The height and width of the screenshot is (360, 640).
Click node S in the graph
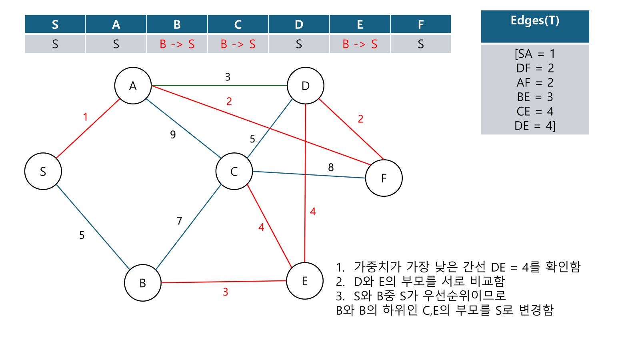click(43, 171)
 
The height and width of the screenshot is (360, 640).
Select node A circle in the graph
click(133, 86)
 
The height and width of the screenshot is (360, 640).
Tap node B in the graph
click(143, 283)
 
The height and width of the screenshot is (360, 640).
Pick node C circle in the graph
click(234, 171)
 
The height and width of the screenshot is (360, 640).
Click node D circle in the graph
click(306, 86)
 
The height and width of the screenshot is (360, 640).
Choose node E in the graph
click(305, 281)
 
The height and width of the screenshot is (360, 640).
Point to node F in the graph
click(384, 178)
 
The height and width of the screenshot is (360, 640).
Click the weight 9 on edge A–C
click(173, 134)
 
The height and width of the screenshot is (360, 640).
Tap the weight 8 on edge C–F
click(331, 167)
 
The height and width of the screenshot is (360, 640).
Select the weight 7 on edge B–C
click(180, 221)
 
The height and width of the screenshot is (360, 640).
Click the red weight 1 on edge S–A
click(85, 117)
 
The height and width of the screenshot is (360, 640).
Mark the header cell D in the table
click(299, 24)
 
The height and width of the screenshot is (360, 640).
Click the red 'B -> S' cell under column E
click(360, 44)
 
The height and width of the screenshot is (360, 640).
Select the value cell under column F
click(420, 44)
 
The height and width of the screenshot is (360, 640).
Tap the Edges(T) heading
click(535, 21)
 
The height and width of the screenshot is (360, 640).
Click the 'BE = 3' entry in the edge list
click(535, 97)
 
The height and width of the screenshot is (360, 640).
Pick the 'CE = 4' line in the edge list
click(535, 112)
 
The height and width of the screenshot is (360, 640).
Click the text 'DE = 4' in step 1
click(505, 267)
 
